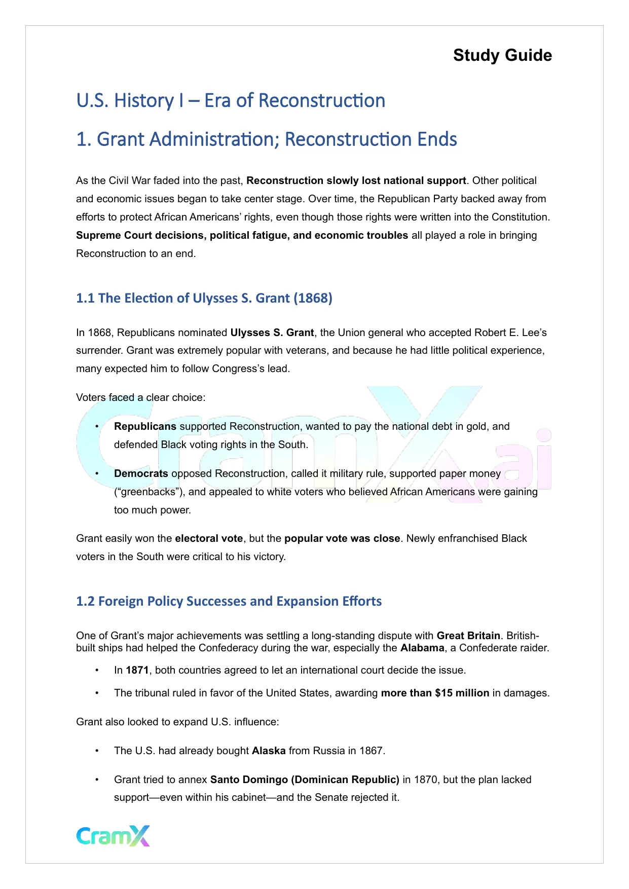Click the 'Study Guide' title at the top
coord(502,55)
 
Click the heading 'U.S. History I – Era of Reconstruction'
coord(231,100)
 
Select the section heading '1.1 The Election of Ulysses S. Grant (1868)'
coord(204,298)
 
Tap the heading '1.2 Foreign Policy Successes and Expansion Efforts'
coord(229,601)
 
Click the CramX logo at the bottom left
coord(113,836)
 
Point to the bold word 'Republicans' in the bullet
coord(145,426)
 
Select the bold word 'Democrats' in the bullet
coord(141,473)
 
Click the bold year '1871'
coord(137,670)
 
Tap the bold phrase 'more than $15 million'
coord(435,693)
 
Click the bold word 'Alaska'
coord(269,751)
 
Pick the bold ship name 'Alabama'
coord(422,648)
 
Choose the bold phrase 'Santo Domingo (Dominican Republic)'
coord(305,780)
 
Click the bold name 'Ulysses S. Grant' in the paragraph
coord(272,332)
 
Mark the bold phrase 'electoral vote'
coord(209,538)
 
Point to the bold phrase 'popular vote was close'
coord(342,538)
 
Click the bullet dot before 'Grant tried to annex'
coord(97,780)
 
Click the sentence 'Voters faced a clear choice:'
coord(140,397)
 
